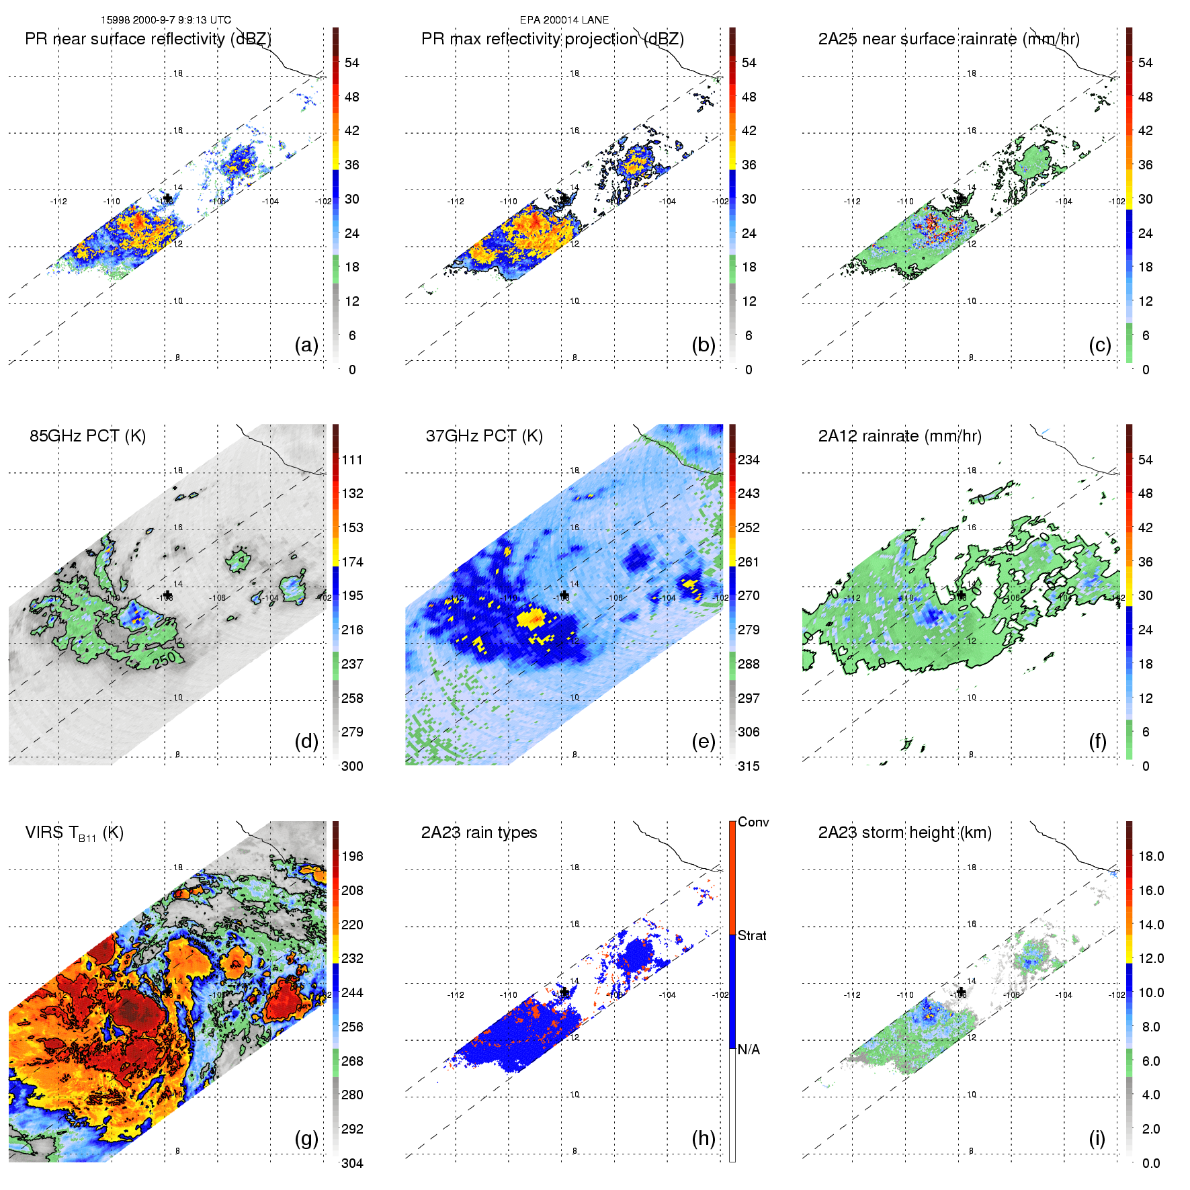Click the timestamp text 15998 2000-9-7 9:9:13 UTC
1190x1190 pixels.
pyautogui.click(x=165, y=20)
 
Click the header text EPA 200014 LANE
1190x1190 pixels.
pyautogui.click(x=564, y=20)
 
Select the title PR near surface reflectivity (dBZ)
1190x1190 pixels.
pyautogui.click(x=148, y=39)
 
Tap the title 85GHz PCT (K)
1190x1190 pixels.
pyautogui.click(x=87, y=435)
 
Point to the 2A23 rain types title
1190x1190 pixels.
pyautogui.click(x=478, y=833)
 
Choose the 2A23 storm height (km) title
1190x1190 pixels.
pyautogui.click(x=904, y=833)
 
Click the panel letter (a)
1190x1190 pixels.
pyautogui.click(x=306, y=345)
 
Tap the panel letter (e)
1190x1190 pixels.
pyautogui.click(x=703, y=741)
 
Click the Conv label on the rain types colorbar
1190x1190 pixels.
pyautogui.click(x=753, y=822)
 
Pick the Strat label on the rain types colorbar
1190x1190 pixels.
pyautogui.click(x=752, y=935)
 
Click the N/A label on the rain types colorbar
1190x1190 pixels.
pyautogui.click(x=749, y=1050)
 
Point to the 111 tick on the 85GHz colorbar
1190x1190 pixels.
pyautogui.click(x=352, y=460)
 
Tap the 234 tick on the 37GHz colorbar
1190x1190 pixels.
pyautogui.click(x=749, y=460)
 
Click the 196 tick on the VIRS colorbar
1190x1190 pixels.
pyautogui.click(x=352, y=856)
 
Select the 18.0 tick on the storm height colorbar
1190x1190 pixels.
pyautogui.click(x=1150, y=856)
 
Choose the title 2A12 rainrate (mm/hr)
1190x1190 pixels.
pyautogui.click(x=899, y=435)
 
